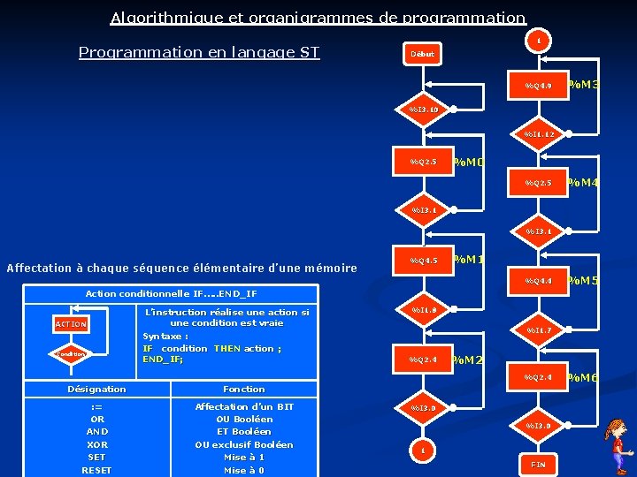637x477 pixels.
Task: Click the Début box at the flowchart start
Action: point(422,54)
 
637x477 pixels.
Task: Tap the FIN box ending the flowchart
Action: point(538,464)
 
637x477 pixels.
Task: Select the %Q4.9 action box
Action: point(538,86)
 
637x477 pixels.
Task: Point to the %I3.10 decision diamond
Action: point(424,110)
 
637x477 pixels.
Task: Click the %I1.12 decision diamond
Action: point(539,134)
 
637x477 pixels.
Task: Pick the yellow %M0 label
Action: point(468,163)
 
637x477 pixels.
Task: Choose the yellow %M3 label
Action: point(583,85)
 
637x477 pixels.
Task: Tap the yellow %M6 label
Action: point(583,377)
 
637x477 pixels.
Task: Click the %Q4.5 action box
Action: point(423,261)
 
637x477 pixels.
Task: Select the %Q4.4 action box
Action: point(538,281)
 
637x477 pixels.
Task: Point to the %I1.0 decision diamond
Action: point(424,310)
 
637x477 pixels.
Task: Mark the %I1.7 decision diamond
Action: point(539,330)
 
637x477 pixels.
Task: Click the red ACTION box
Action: point(71,324)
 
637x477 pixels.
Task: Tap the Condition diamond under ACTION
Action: point(71,354)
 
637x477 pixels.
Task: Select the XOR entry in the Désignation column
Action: point(97,444)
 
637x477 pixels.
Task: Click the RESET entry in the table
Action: point(97,470)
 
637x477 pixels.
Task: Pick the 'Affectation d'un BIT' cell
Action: point(244,406)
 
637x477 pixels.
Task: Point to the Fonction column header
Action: point(244,389)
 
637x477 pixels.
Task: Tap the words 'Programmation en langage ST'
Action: point(199,52)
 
